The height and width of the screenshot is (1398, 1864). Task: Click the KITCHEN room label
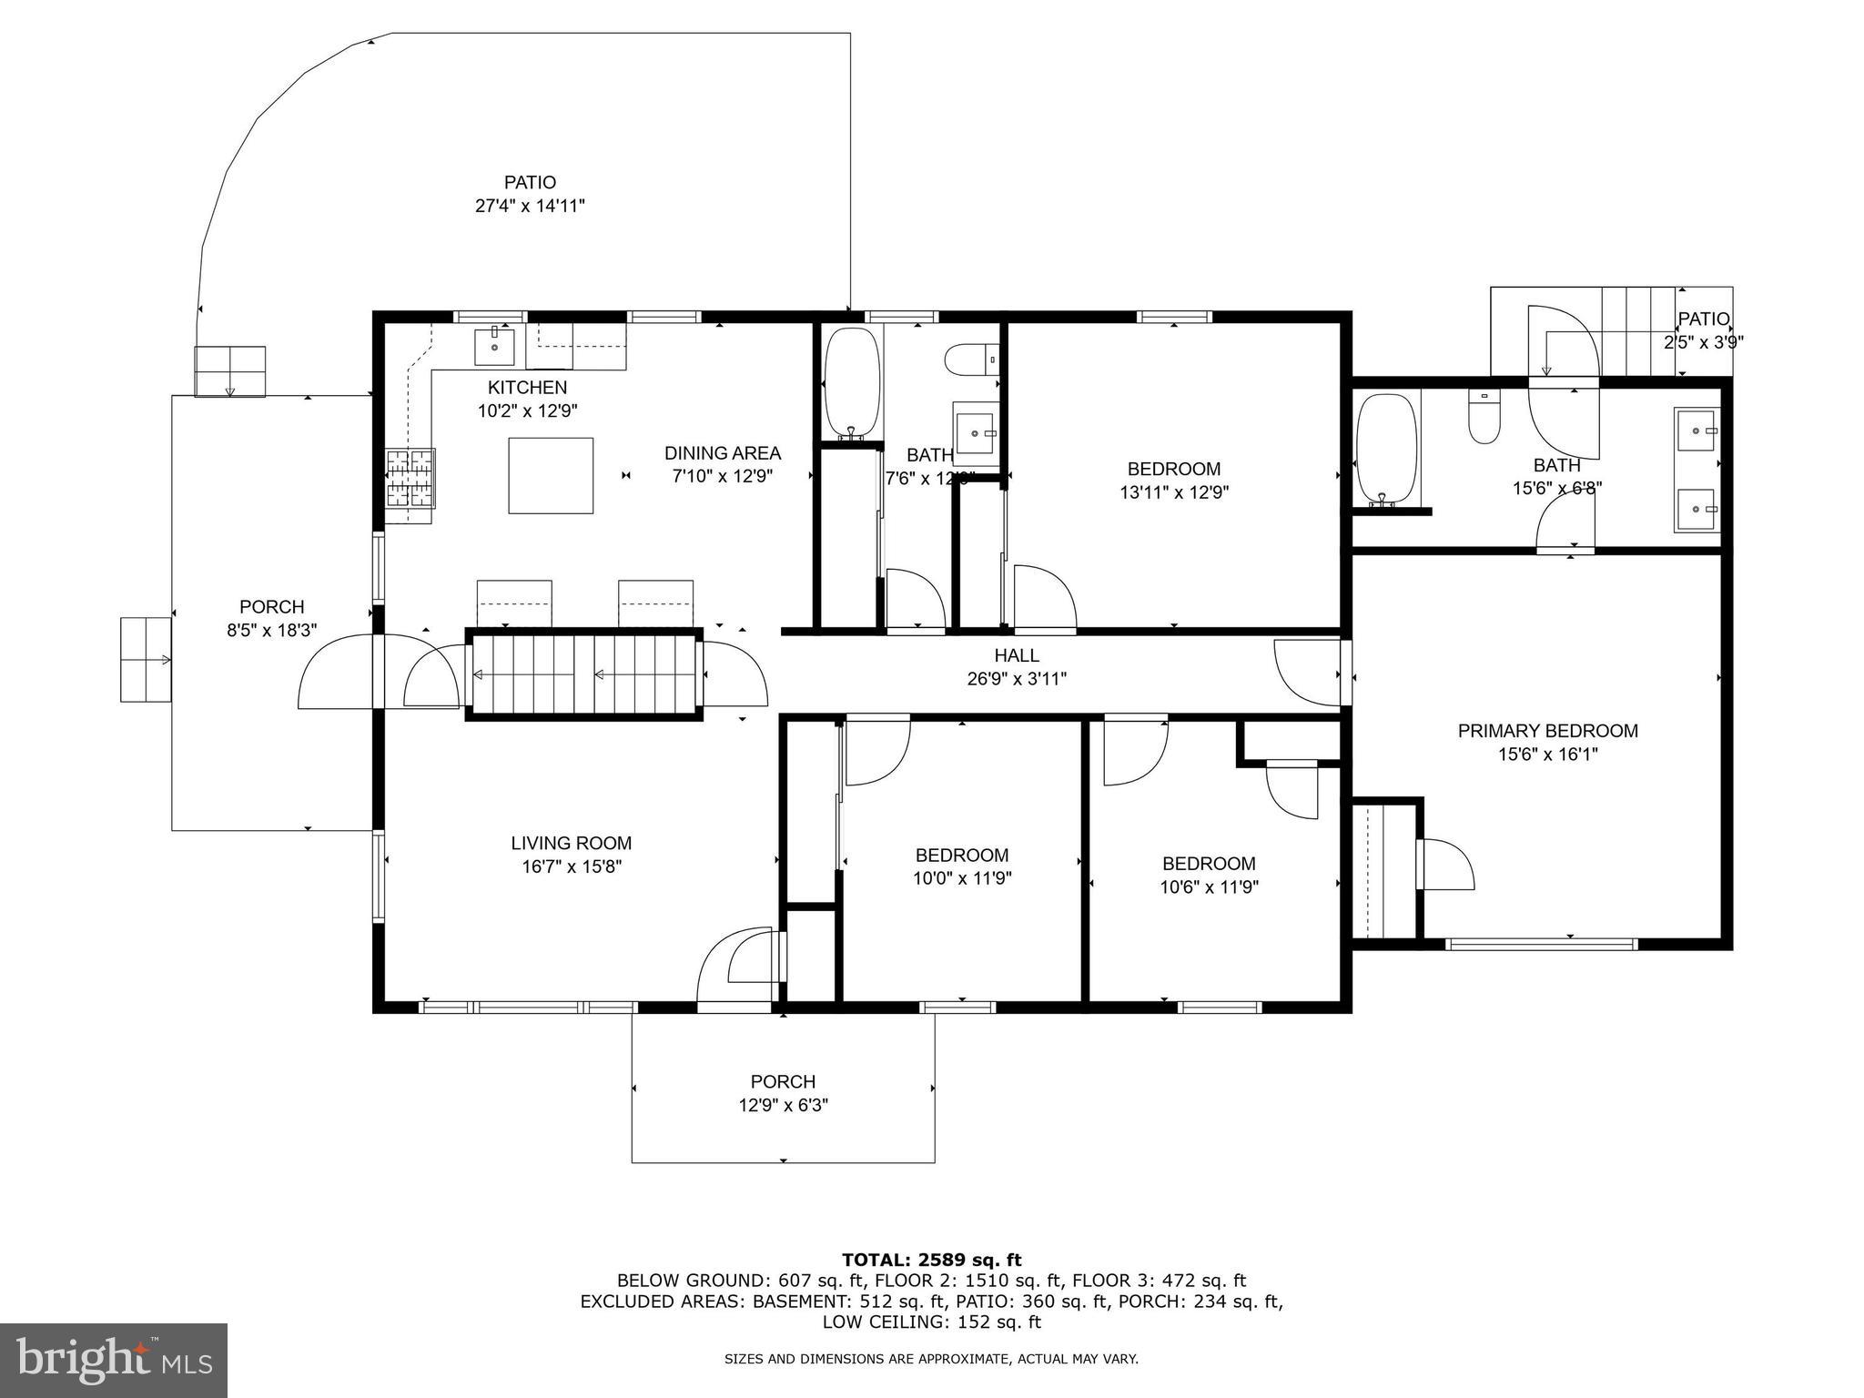pyautogui.click(x=527, y=388)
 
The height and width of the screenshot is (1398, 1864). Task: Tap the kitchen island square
pyautogui.click(x=551, y=475)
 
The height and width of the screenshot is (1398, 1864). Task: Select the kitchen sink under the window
pyautogui.click(x=494, y=346)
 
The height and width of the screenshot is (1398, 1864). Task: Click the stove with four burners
pyautogui.click(x=410, y=478)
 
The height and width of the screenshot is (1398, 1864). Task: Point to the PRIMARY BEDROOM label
pyautogui.click(x=1547, y=731)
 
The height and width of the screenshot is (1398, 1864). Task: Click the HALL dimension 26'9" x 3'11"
pyautogui.click(x=1016, y=678)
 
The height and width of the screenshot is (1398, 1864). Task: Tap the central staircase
pyautogui.click(x=584, y=674)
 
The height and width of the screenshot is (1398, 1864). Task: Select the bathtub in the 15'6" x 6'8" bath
pyautogui.click(x=1385, y=450)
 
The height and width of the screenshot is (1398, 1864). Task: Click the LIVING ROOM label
pyautogui.click(x=571, y=844)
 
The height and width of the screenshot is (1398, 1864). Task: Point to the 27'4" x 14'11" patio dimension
pyautogui.click(x=530, y=206)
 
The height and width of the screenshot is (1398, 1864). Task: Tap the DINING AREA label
pyautogui.click(x=722, y=453)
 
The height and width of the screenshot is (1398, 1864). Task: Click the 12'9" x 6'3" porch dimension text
pyautogui.click(x=783, y=1105)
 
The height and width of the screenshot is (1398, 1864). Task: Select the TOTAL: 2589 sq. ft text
pyautogui.click(x=931, y=1260)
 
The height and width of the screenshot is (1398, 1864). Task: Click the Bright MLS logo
pyautogui.click(x=114, y=1360)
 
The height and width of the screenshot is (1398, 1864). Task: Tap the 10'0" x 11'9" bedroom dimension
pyautogui.click(x=962, y=878)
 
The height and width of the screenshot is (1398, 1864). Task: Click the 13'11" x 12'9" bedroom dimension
pyautogui.click(x=1174, y=492)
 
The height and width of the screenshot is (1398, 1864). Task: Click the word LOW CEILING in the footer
pyautogui.click(x=875, y=1322)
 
